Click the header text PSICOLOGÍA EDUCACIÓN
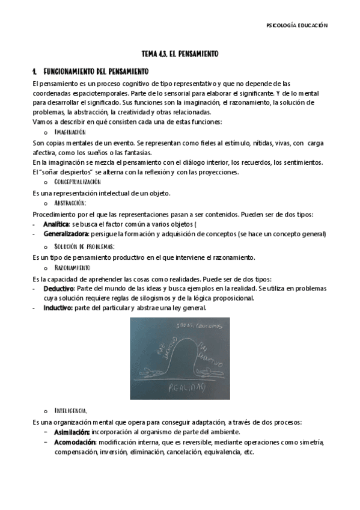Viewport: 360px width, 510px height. (x=297, y=25)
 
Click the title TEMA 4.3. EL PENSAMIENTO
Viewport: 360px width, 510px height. (x=179, y=54)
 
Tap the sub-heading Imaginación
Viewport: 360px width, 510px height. (x=70, y=131)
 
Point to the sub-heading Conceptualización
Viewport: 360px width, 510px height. (x=77, y=182)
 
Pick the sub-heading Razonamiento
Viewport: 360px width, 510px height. (x=72, y=267)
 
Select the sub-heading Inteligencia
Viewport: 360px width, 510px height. (x=72, y=410)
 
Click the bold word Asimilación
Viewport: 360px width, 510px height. (x=72, y=432)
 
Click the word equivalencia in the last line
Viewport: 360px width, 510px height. (x=221, y=452)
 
